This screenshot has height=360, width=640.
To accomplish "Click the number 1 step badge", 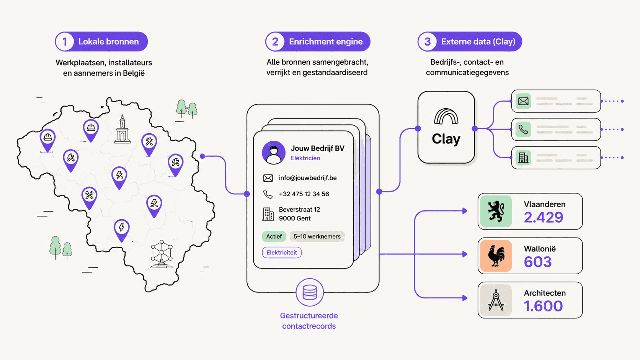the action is [65, 42].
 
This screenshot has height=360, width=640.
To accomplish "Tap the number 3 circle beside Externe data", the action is [427, 42].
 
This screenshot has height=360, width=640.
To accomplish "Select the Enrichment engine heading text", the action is [326, 42].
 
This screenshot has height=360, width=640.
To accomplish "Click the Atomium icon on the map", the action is [162, 254].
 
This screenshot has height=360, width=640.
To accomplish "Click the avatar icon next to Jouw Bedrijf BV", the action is [273, 152].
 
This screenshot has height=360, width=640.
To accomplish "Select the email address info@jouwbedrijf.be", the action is [308, 178].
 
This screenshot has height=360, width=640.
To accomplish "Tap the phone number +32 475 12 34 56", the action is [304, 194].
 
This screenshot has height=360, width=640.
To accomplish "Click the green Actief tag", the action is [274, 236].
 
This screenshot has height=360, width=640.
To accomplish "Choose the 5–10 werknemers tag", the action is [317, 236].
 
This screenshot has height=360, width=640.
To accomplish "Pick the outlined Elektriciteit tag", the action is [282, 252].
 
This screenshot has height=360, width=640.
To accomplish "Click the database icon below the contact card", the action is [310, 292].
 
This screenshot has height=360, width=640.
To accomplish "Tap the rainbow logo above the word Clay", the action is [446, 116].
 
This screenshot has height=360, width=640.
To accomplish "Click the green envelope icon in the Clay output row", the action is [523, 101].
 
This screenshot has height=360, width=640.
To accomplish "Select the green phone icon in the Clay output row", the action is [523, 129].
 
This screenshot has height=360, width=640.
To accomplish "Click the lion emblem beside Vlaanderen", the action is [496, 211].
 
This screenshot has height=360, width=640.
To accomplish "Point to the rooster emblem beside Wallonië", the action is [496, 256].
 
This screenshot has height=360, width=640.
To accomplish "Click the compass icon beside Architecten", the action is [496, 300].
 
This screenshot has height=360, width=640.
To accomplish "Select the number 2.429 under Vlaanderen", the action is [544, 217].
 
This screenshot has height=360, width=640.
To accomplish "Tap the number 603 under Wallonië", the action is [537, 262].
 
